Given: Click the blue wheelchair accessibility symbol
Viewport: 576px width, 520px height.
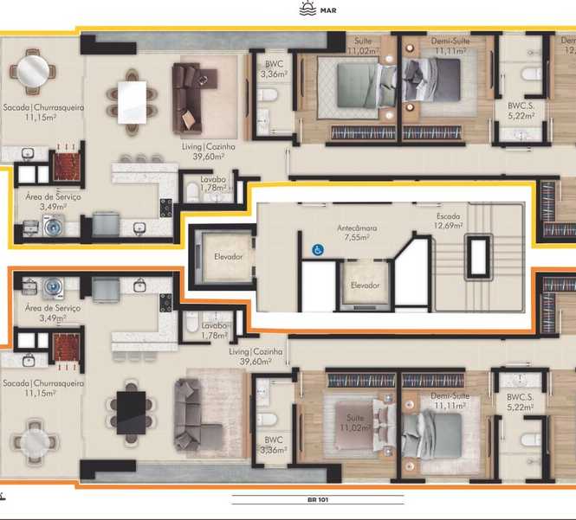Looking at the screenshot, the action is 317,250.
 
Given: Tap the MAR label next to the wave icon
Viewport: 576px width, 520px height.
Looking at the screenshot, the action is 328,10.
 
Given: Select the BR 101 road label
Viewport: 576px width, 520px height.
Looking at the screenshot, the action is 318,499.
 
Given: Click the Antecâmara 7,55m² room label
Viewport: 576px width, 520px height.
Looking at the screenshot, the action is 357,233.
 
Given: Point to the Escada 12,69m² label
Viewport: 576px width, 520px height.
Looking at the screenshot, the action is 448,221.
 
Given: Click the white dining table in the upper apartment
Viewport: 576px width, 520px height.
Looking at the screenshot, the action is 132,102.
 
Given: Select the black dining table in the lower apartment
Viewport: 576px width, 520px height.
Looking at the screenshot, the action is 131,413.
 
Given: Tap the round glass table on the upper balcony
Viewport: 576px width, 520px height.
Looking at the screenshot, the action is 33,71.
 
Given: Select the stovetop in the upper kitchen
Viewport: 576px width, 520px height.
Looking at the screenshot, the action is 165,208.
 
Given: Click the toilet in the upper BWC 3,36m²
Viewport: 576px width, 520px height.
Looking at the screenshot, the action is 267,94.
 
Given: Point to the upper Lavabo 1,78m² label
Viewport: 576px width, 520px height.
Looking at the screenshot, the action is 213,183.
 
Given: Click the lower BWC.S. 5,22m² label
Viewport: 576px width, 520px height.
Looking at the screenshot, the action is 521,402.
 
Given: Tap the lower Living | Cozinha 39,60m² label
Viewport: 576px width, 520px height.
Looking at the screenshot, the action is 256,356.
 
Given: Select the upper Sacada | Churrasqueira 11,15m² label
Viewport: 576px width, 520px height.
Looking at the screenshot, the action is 43,112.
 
